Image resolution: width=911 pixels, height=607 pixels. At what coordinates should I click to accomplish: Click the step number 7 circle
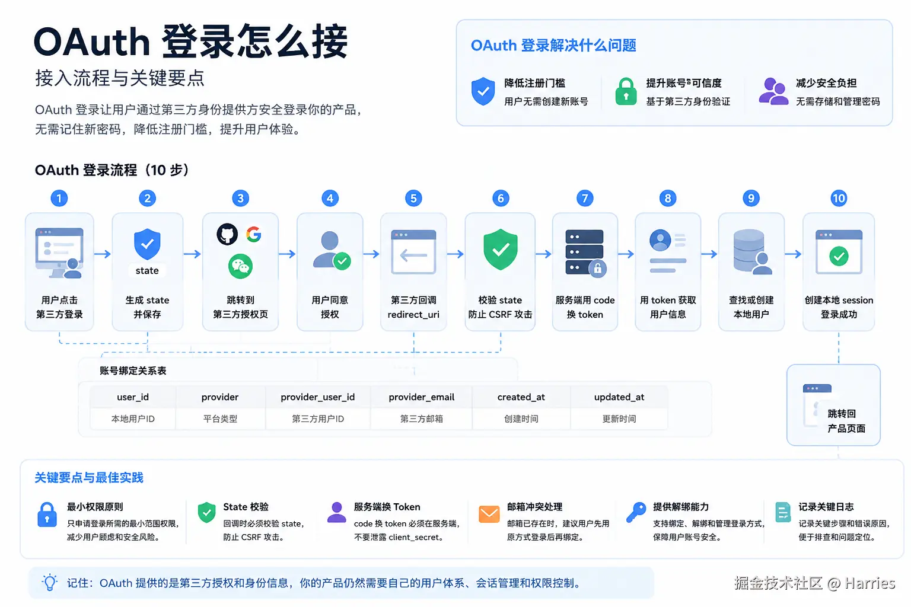(584, 198)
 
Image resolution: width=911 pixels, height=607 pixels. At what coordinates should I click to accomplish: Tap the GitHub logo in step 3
(227, 234)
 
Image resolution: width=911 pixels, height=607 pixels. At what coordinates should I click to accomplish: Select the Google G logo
(253, 234)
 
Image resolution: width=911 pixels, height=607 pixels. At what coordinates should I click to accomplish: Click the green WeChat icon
(240, 266)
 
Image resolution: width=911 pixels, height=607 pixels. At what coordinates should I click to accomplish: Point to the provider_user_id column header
(318, 397)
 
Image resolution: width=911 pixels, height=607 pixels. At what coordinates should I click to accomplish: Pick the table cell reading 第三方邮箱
(421, 418)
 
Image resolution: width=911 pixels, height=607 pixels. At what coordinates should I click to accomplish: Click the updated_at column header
(619, 397)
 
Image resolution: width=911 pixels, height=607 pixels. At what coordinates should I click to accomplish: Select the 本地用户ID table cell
(133, 418)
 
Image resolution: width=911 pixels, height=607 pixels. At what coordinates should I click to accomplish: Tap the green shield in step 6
(500, 249)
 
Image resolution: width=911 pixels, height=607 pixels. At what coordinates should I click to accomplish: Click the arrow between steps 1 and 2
(103, 254)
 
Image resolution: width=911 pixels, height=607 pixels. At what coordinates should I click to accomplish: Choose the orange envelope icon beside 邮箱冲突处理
(489, 514)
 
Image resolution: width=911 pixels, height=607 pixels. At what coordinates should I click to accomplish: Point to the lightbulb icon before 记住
(50, 582)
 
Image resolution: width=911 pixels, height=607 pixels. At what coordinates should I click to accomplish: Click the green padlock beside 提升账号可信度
(626, 91)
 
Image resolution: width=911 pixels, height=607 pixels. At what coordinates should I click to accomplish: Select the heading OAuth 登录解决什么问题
(553, 45)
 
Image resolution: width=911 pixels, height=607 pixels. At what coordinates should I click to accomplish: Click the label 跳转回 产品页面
(846, 421)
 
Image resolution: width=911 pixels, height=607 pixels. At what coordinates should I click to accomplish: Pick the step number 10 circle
(839, 198)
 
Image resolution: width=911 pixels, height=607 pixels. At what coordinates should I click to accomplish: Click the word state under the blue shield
(147, 270)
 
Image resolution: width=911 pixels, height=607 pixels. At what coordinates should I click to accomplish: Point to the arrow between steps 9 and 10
(793, 254)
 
